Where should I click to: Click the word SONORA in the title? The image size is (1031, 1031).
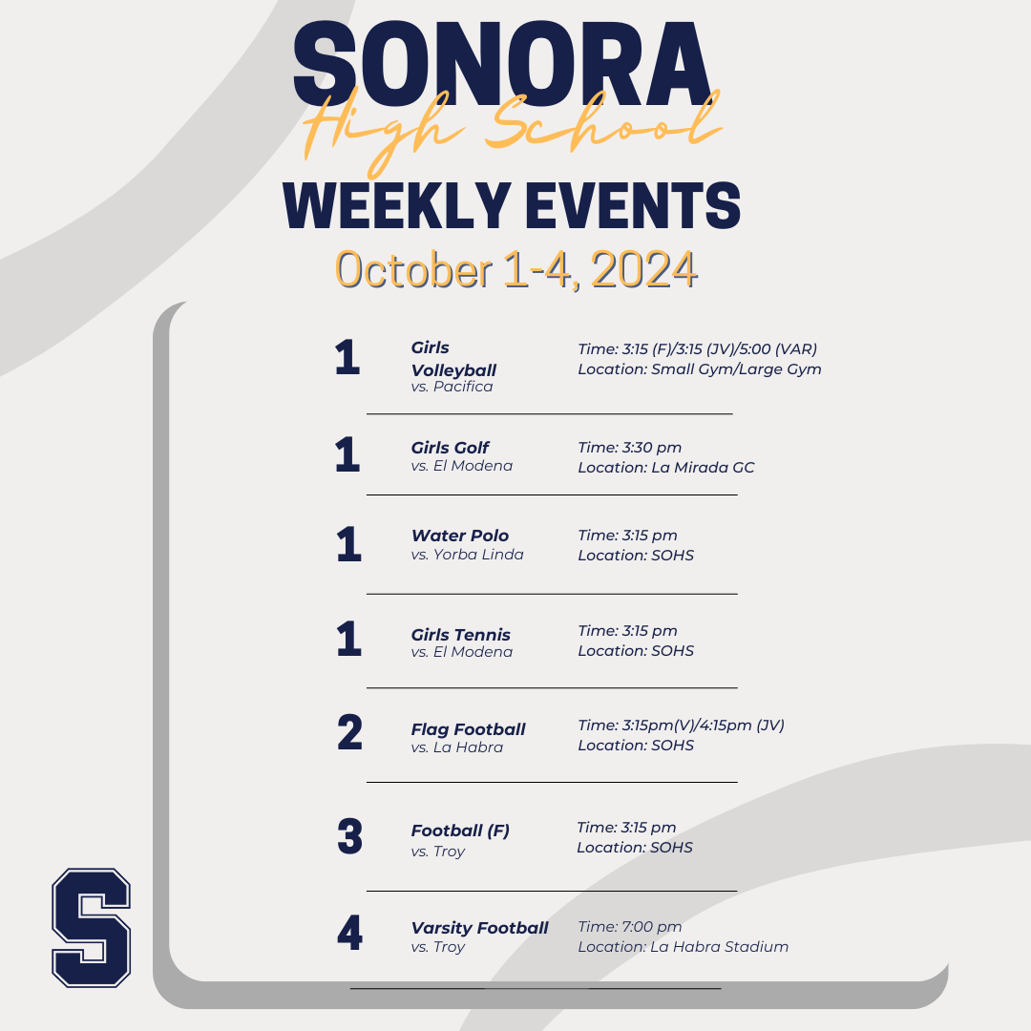[502, 64]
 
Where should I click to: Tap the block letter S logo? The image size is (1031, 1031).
[92, 927]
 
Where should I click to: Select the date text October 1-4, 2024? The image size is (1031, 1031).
[516, 269]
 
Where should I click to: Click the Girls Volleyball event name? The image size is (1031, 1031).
[453, 359]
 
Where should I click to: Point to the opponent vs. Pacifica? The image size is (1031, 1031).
[452, 387]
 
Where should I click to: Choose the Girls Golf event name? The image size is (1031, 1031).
[450, 448]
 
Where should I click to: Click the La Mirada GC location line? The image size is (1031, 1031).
[666, 468]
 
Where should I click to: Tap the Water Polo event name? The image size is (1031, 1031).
[459, 536]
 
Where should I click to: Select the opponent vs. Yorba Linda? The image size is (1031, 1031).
[468, 555]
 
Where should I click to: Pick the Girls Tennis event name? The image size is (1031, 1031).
[460, 635]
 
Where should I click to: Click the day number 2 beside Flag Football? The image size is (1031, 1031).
[349, 732]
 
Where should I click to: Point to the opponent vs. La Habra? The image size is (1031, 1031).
[457, 747]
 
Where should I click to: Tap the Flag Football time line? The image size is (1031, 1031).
[682, 726]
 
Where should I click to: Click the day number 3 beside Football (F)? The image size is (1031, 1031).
[349, 836]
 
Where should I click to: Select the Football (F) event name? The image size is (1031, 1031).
[460, 831]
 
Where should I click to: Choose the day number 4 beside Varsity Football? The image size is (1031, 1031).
[349, 933]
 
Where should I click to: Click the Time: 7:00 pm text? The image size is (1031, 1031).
[630, 926]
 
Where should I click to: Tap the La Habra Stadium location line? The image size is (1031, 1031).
[684, 947]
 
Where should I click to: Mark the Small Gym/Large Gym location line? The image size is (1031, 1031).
[700, 369]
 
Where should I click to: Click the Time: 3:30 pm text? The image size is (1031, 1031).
[630, 448]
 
